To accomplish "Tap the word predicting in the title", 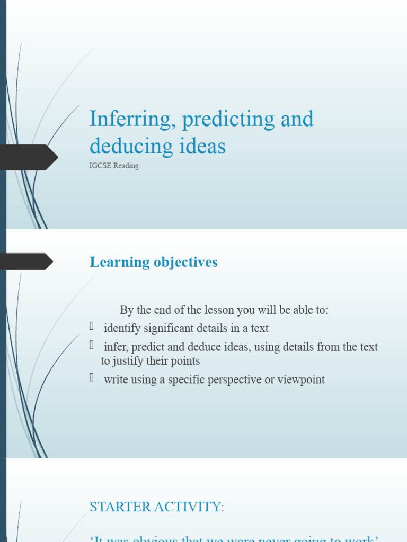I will [228, 119].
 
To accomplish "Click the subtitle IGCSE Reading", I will [114, 166].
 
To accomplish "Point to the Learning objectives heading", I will [154, 262].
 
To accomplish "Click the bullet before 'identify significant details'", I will [92, 327].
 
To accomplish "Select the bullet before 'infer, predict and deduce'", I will [92, 345].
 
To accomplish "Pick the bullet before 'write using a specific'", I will [92, 378].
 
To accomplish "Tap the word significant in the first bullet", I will [169, 328].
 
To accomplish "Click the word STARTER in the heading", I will [120, 507].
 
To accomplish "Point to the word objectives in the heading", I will [185, 262].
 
